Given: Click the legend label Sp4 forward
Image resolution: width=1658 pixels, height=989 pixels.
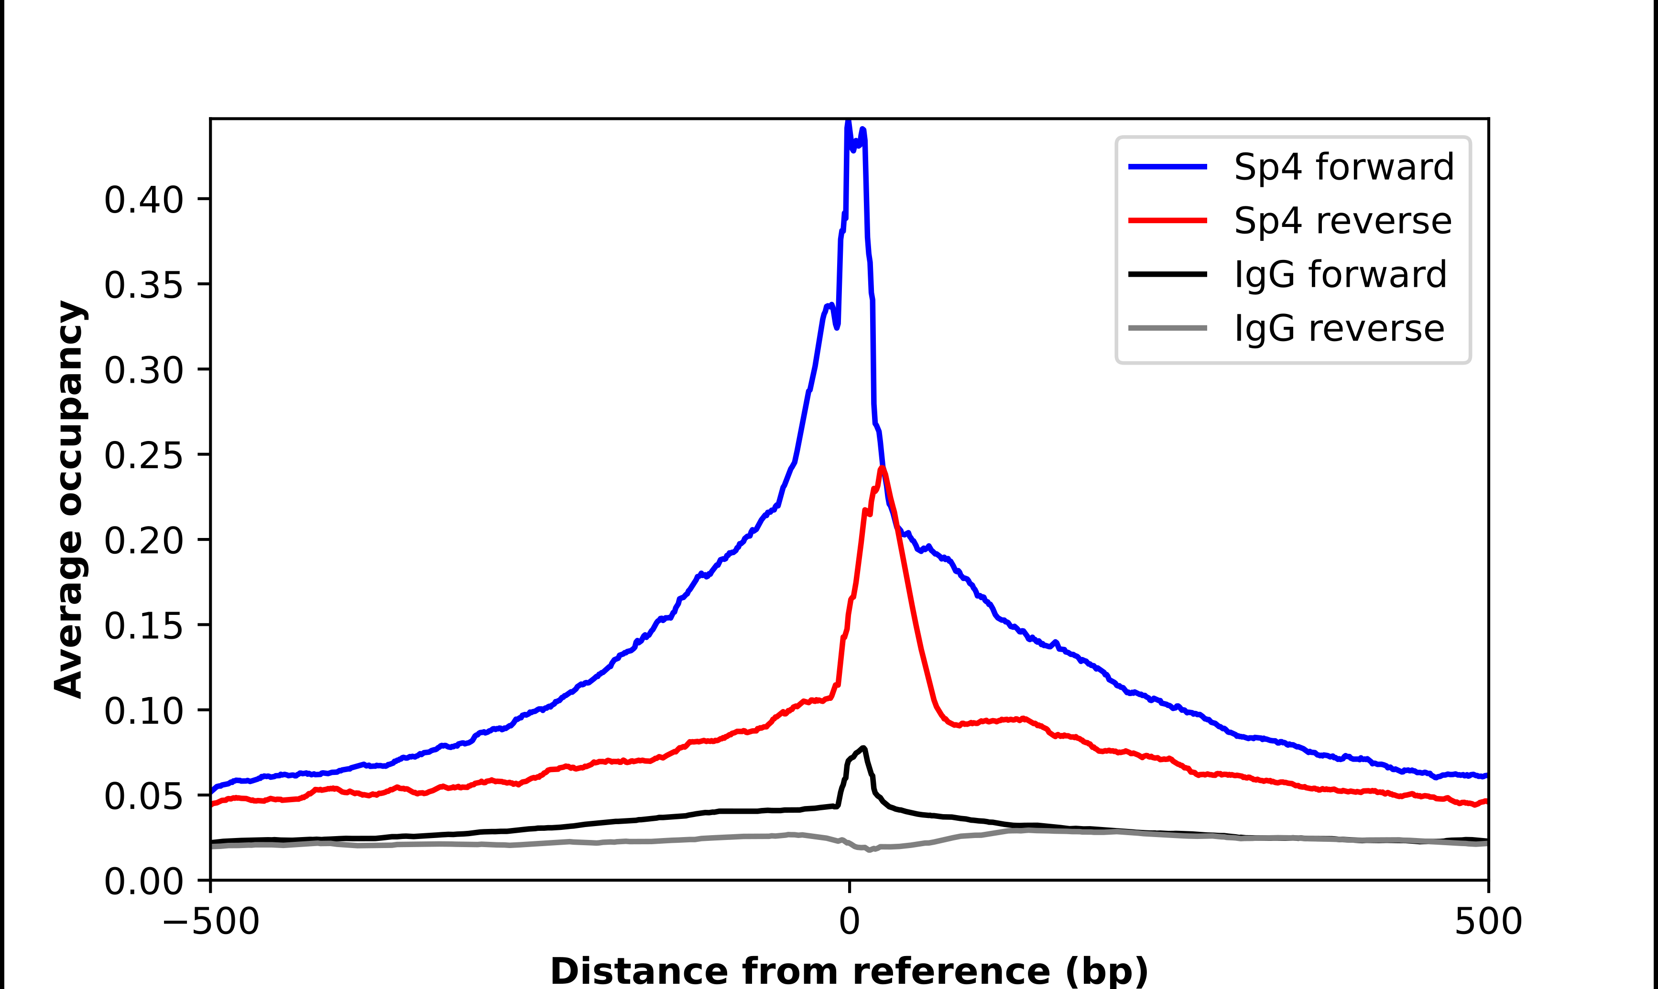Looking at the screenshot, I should [1343, 167].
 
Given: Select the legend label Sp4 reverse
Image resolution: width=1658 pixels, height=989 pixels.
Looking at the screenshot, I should [1342, 221].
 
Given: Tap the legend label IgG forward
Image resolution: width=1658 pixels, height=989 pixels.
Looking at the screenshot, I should [1340, 275].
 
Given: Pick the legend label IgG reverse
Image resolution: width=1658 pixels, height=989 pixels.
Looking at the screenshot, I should [1339, 329].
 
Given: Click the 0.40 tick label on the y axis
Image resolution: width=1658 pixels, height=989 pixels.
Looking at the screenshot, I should [143, 199].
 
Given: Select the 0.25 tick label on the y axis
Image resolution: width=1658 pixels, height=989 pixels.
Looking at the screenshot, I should [143, 455].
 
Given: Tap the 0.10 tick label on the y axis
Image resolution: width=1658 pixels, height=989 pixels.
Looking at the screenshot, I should [143, 710].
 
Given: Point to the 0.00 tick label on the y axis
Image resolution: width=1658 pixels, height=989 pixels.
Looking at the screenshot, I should [143, 881].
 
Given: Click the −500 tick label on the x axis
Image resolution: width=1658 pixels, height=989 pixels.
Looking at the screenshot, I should [211, 922].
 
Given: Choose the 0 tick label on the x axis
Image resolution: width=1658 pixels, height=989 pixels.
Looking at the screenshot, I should [849, 922].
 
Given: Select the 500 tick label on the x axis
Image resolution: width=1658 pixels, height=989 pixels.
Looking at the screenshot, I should [1488, 922].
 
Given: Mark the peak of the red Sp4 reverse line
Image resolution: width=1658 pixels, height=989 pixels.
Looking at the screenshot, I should [882, 469].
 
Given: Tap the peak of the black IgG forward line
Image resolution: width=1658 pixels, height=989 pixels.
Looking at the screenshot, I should [864, 748].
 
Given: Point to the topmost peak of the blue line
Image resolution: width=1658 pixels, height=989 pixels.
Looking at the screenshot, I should [848, 122].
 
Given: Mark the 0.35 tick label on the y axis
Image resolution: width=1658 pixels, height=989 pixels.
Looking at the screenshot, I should [143, 285].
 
